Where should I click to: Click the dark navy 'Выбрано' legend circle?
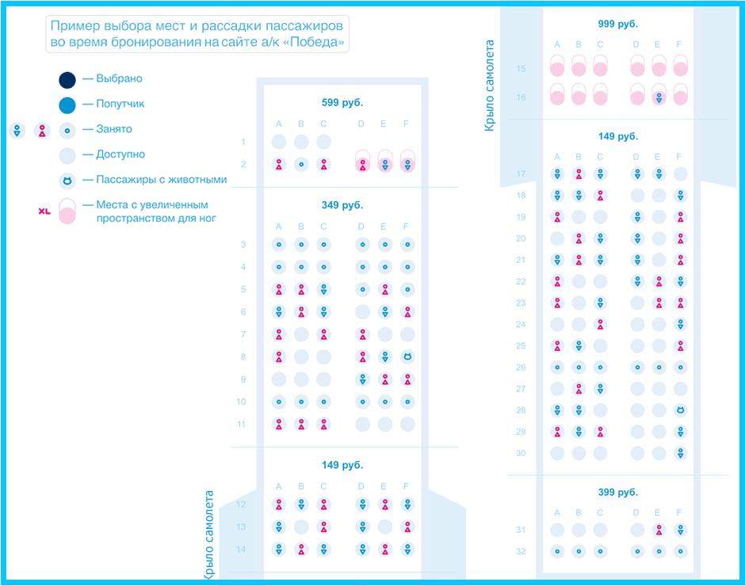(67, 79)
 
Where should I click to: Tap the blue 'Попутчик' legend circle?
(67, 104)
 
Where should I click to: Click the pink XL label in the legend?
(44, 211)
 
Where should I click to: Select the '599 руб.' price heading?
(342, 103)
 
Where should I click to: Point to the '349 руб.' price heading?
(342, 206)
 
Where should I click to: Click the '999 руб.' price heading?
(617, 25)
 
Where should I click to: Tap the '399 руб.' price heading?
(617, 493)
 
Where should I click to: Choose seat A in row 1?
(279, 143)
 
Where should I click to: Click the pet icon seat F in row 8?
(407, 357)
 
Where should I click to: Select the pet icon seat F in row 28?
(680, 410)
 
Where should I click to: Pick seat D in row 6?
(363, 312)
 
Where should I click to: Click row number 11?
(241, 424)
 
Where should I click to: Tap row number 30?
(521, 454)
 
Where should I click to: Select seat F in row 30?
(680, 453)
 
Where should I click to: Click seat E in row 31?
(659, 530)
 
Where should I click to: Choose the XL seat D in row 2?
(363, 162)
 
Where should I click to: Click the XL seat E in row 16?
(659, 96)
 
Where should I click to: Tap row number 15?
(521, 69)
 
